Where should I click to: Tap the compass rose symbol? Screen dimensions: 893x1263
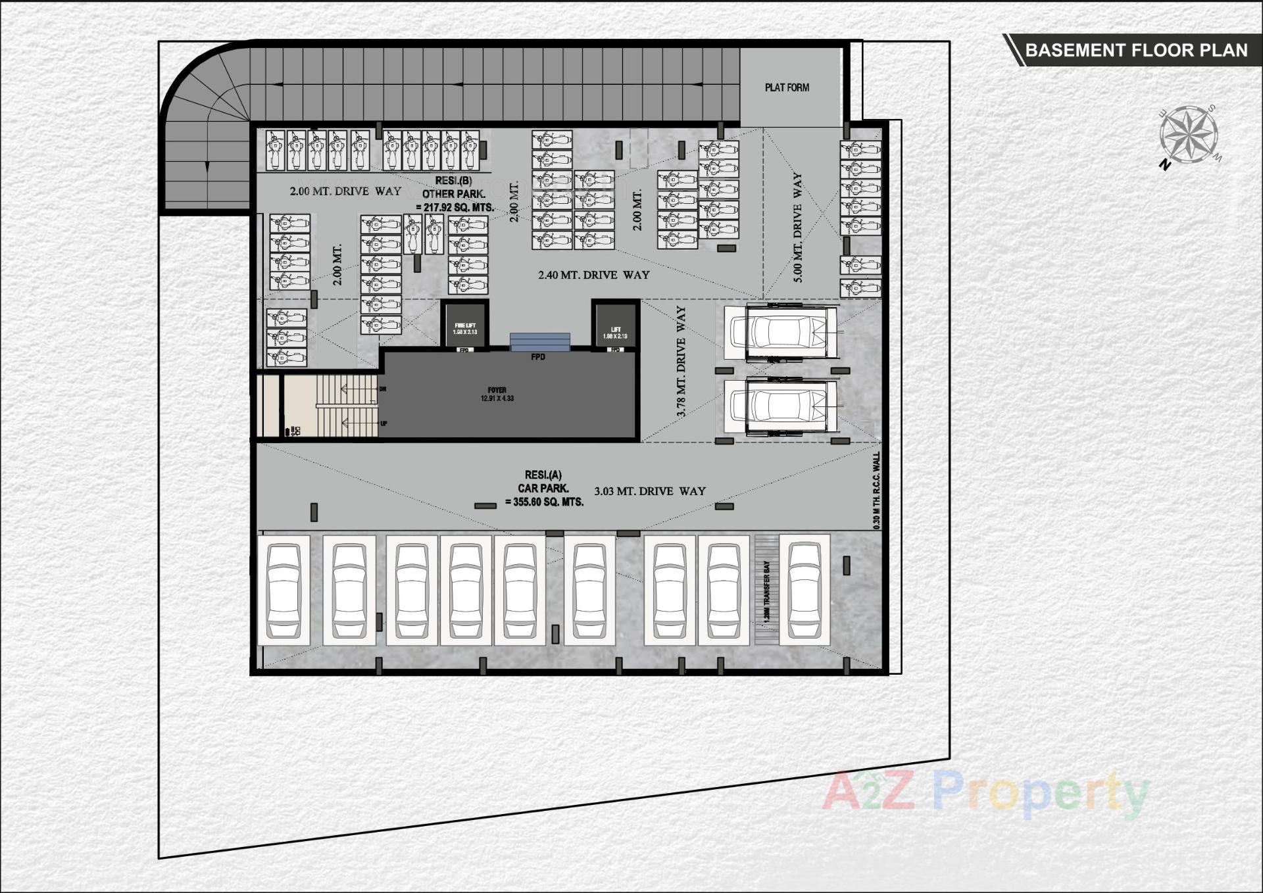[1188, 135]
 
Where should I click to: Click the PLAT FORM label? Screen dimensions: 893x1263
[787, 87]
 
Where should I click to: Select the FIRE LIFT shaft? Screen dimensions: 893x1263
[465, 325]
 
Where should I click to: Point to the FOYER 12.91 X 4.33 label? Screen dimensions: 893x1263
[497, 395]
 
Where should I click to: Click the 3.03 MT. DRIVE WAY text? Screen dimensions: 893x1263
[650, 491]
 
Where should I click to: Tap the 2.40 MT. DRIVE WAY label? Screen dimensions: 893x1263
[593, 275]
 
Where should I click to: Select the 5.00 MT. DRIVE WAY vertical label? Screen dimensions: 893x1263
[798, 228]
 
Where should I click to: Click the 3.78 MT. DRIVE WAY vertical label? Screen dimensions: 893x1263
[681, 361]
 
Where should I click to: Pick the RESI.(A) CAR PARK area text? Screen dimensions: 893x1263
[543, 488]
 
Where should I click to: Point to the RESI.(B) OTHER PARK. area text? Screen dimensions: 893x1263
[455, 194]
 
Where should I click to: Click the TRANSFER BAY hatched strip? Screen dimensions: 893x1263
[766, 591]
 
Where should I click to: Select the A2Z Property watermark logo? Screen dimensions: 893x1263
[985, 794]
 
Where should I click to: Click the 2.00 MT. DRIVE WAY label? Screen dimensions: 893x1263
[345, 191]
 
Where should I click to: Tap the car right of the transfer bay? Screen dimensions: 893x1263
[805, 591]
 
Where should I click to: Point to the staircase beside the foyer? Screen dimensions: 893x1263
[345, 406]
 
